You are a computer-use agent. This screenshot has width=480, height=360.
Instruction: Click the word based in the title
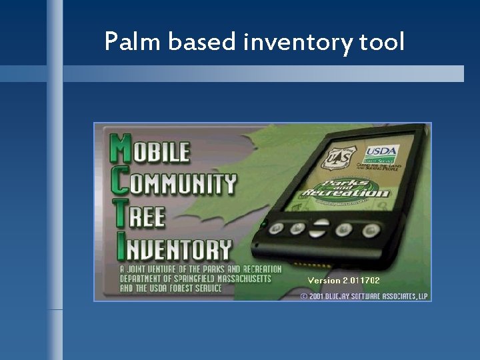(x=203, y=42)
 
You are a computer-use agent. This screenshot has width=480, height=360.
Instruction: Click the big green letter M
(x=119, y=150)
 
